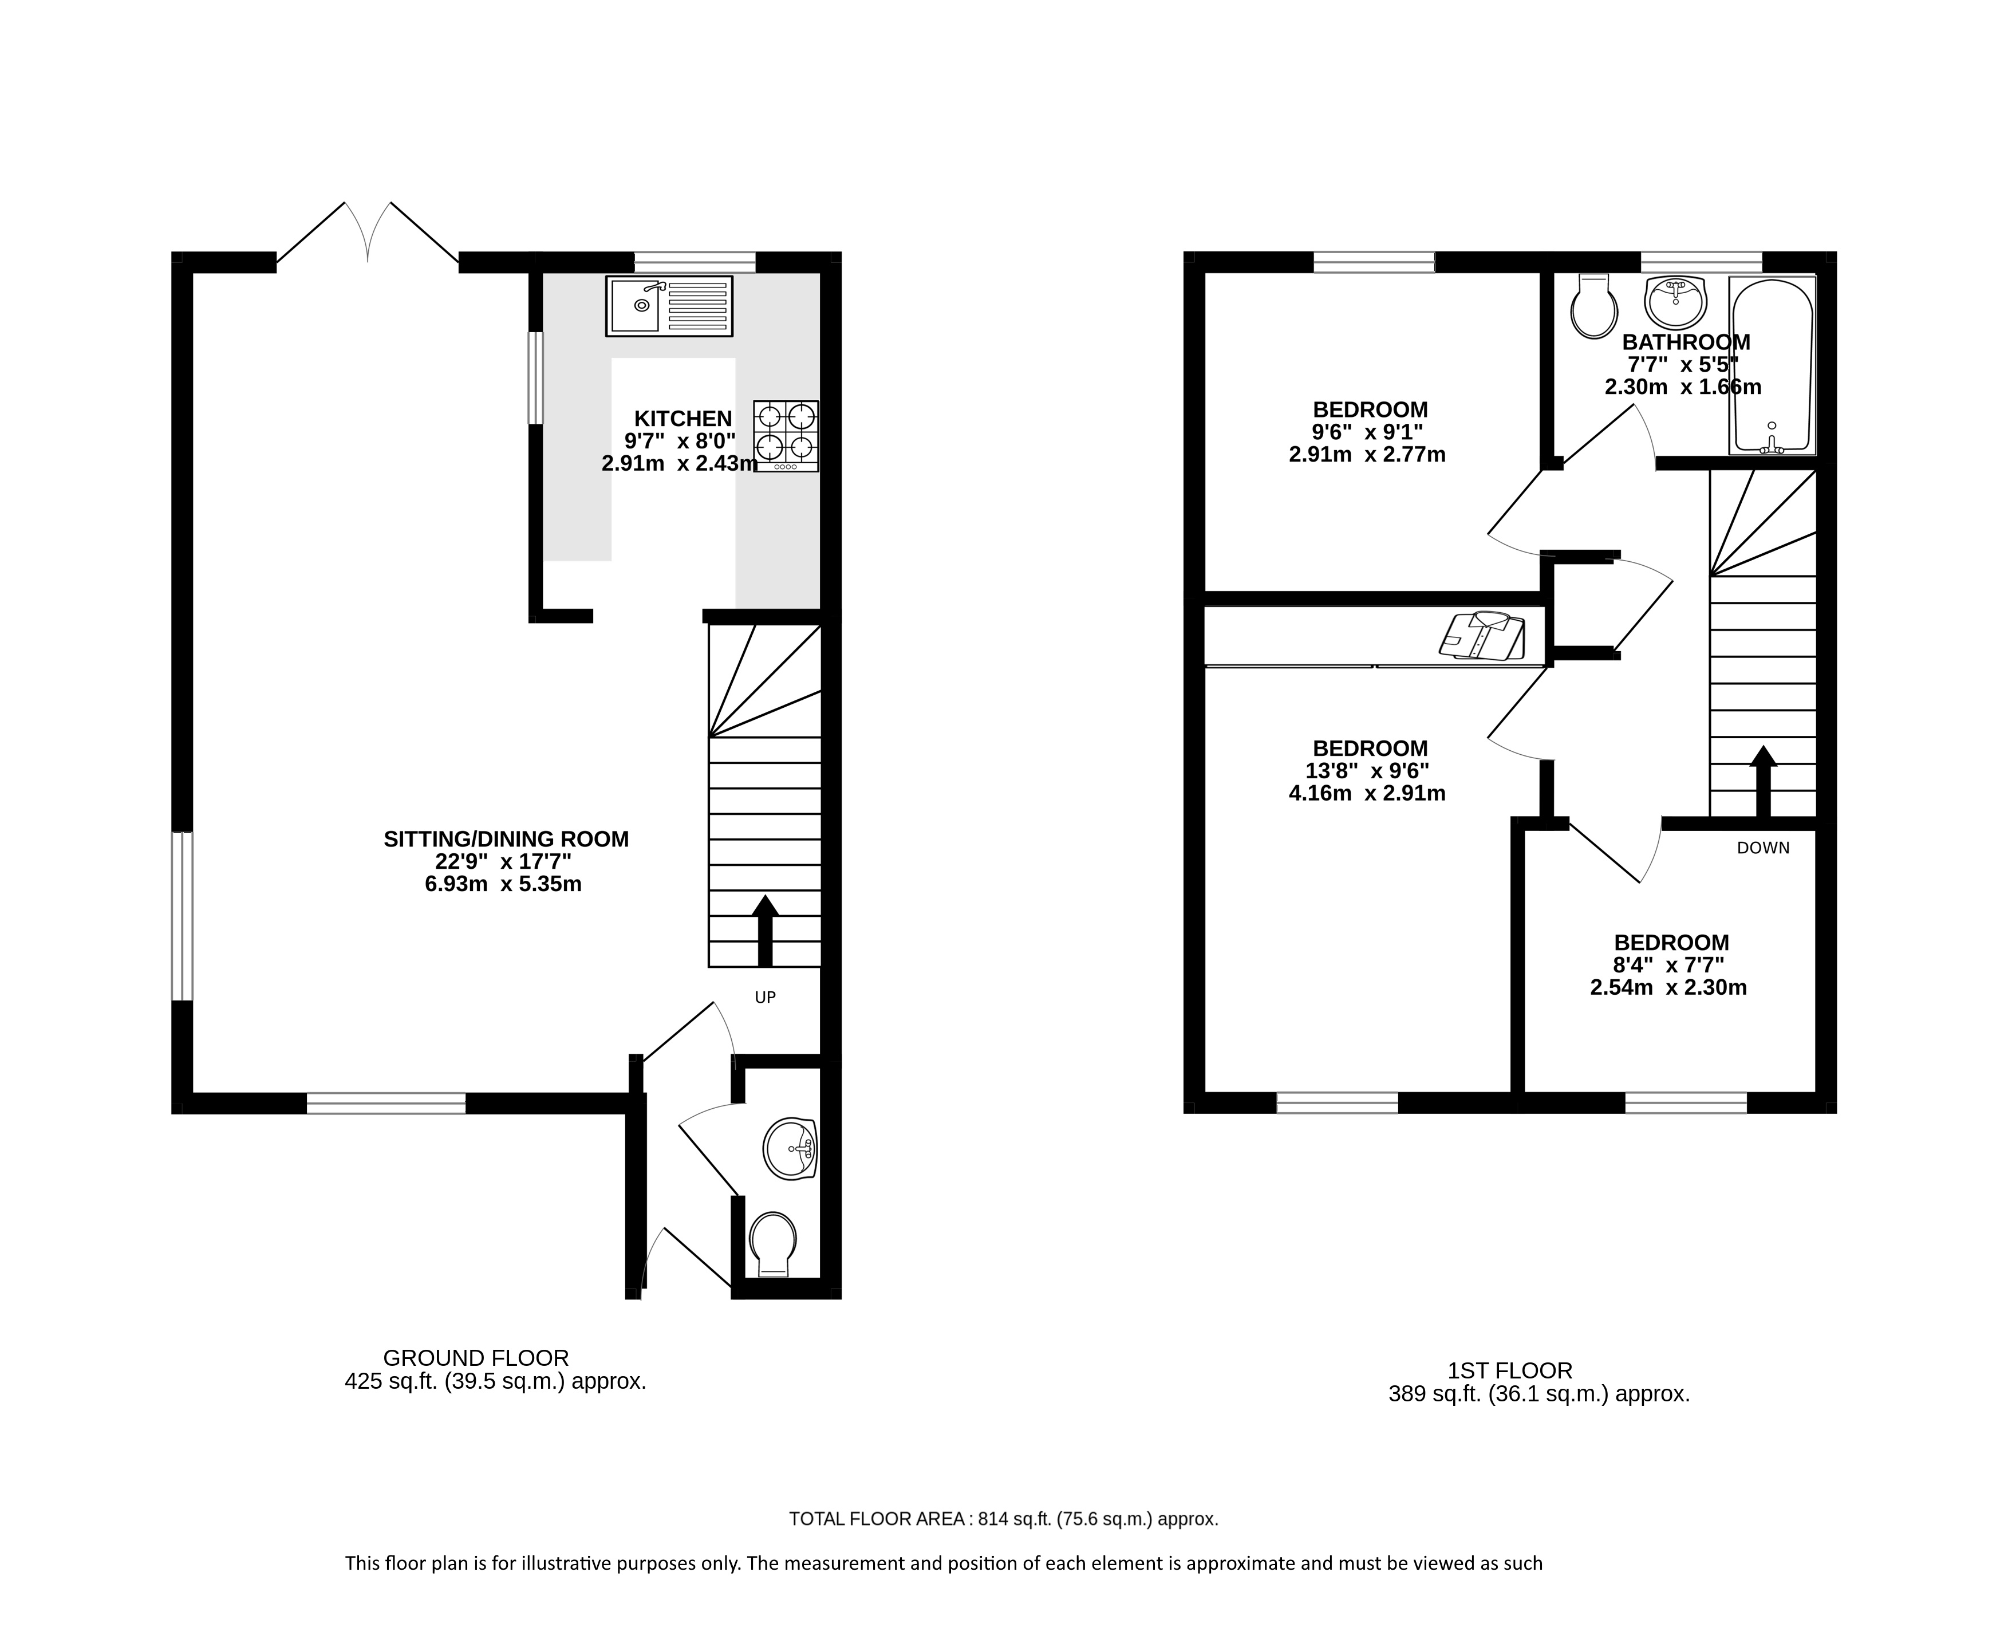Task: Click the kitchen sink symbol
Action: pyautogui.click(x=669, y=306)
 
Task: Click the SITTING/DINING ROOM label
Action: pyautogui.click(x=506, y=839)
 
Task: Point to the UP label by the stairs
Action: pyautogui.click(x=766, y=997)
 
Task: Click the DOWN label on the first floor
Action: pyautogui.click(x=1763, y=848)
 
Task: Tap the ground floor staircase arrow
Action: pyautogui.click(x=766, y=930)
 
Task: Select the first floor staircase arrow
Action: pyautogui.click(x=1763, y=781)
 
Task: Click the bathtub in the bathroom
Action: pyautogui.click(x=1772, y=367)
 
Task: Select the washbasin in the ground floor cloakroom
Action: pyautogui.click(x=791, y=1148)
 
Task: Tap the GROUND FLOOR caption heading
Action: pyautogui.click(x=476, y=1358)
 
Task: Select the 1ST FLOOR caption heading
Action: pyautogui.click(x=1510, y=1371)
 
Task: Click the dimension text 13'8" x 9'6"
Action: pyautogui.click(x=1367, y=770)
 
